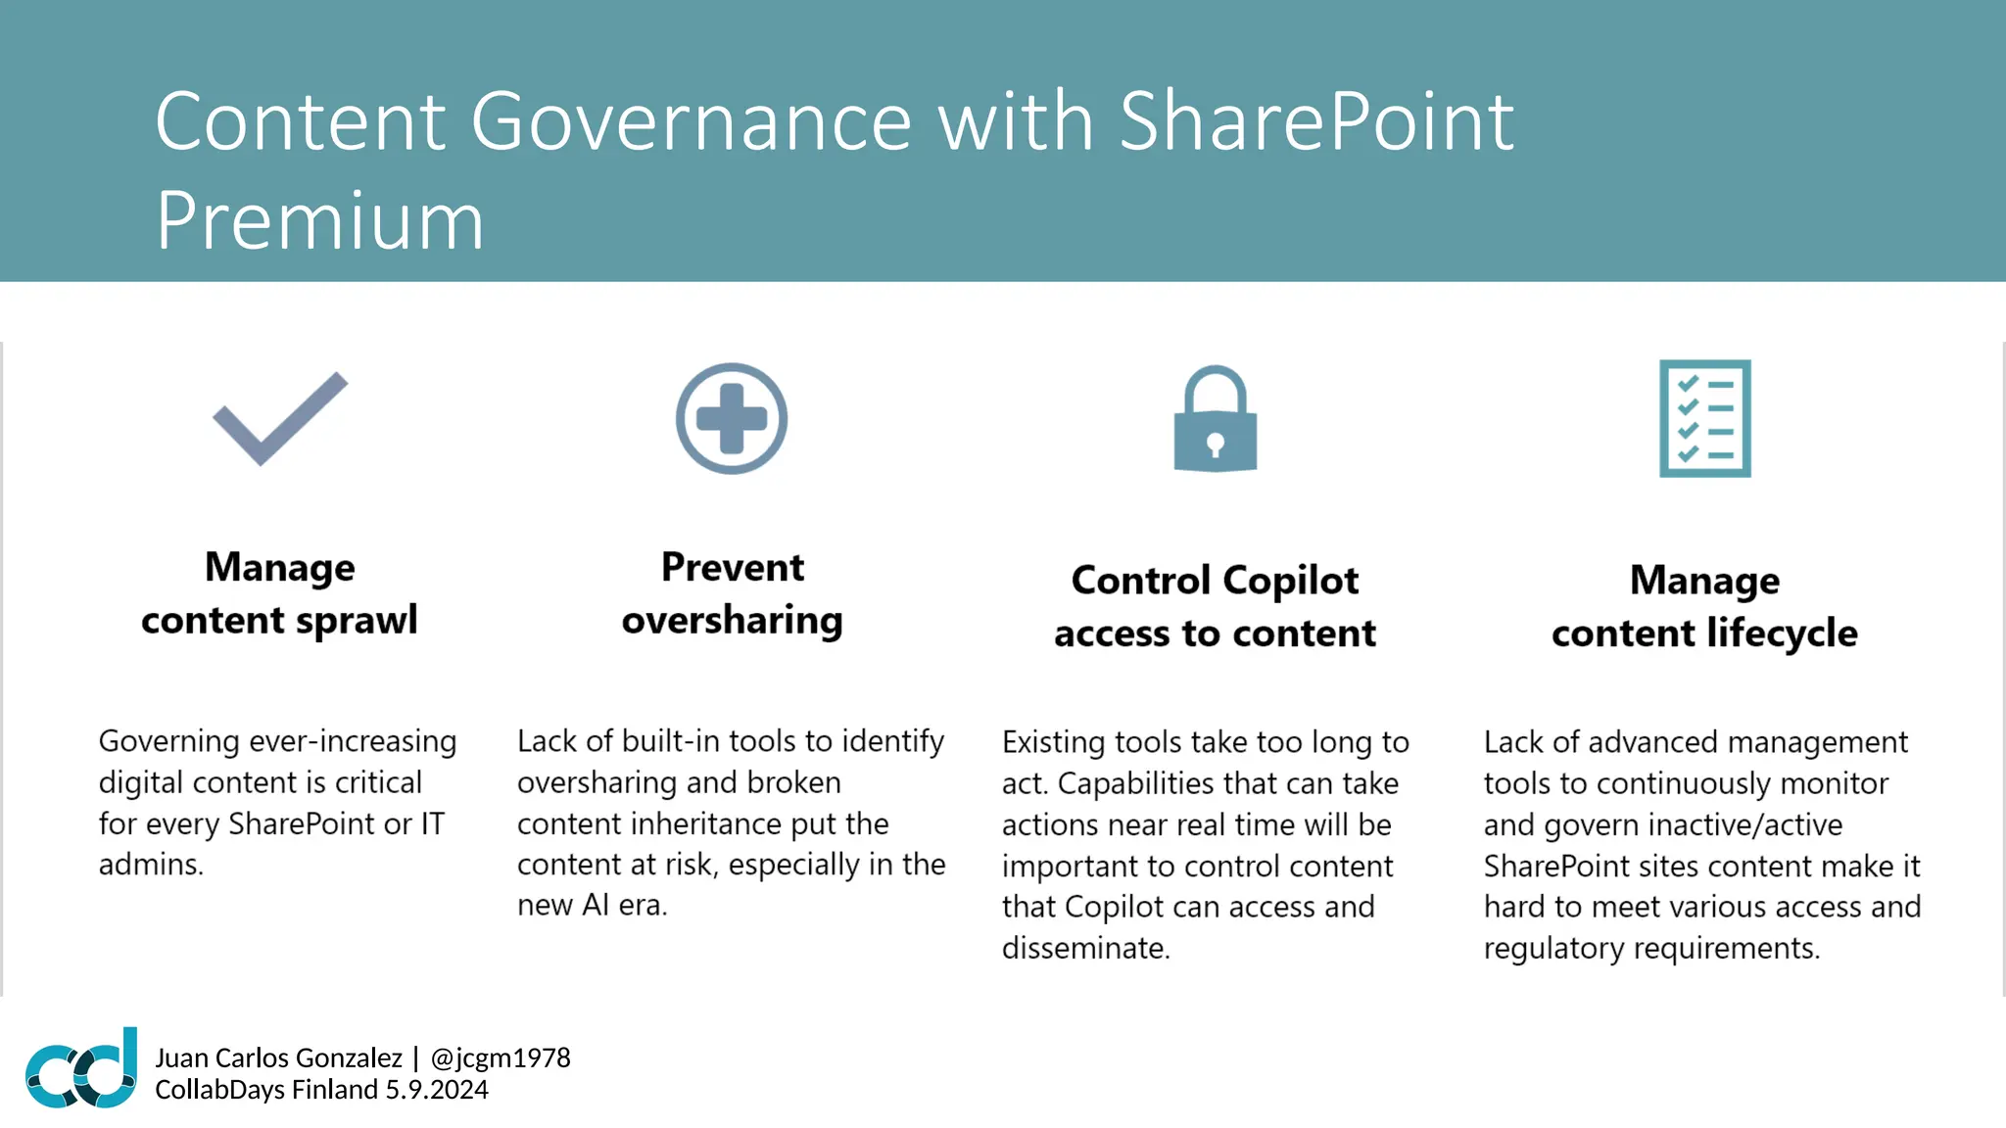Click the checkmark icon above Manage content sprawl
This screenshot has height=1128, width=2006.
280,419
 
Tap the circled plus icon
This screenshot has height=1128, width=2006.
732,419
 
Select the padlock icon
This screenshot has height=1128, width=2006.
1215,421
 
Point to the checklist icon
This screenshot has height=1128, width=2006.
1704,419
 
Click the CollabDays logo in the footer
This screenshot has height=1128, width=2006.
82,1069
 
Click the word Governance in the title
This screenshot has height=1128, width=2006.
691,121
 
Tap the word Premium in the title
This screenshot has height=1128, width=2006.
319,221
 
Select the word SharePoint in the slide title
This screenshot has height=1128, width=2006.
1316,121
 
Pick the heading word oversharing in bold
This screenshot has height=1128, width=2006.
732,621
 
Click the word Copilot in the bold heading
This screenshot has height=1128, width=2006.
1290,581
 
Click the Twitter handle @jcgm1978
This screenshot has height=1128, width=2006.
501,1058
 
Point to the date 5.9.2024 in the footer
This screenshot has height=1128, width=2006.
437,1090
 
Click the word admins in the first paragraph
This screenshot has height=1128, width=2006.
150,865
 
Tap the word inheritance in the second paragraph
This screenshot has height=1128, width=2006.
703,823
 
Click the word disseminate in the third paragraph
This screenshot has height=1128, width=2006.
1085,948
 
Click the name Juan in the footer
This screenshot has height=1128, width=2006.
181,1058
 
